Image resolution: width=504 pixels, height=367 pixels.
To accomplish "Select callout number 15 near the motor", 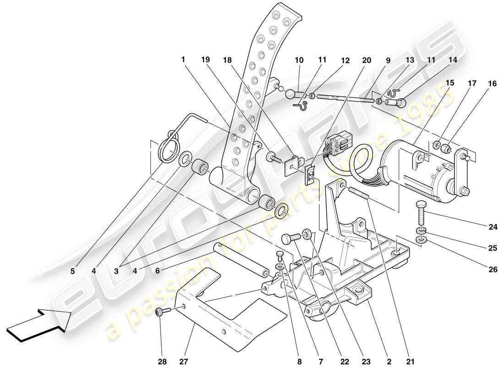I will (449, 83).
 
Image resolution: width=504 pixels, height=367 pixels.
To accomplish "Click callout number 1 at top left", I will (183, 60).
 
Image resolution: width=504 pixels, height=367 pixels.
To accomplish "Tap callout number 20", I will (367, 60).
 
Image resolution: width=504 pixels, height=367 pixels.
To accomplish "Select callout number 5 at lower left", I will (73, 271).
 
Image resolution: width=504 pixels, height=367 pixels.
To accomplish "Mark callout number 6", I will (158, 271).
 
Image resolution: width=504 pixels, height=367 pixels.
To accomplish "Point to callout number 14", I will (453, 60).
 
